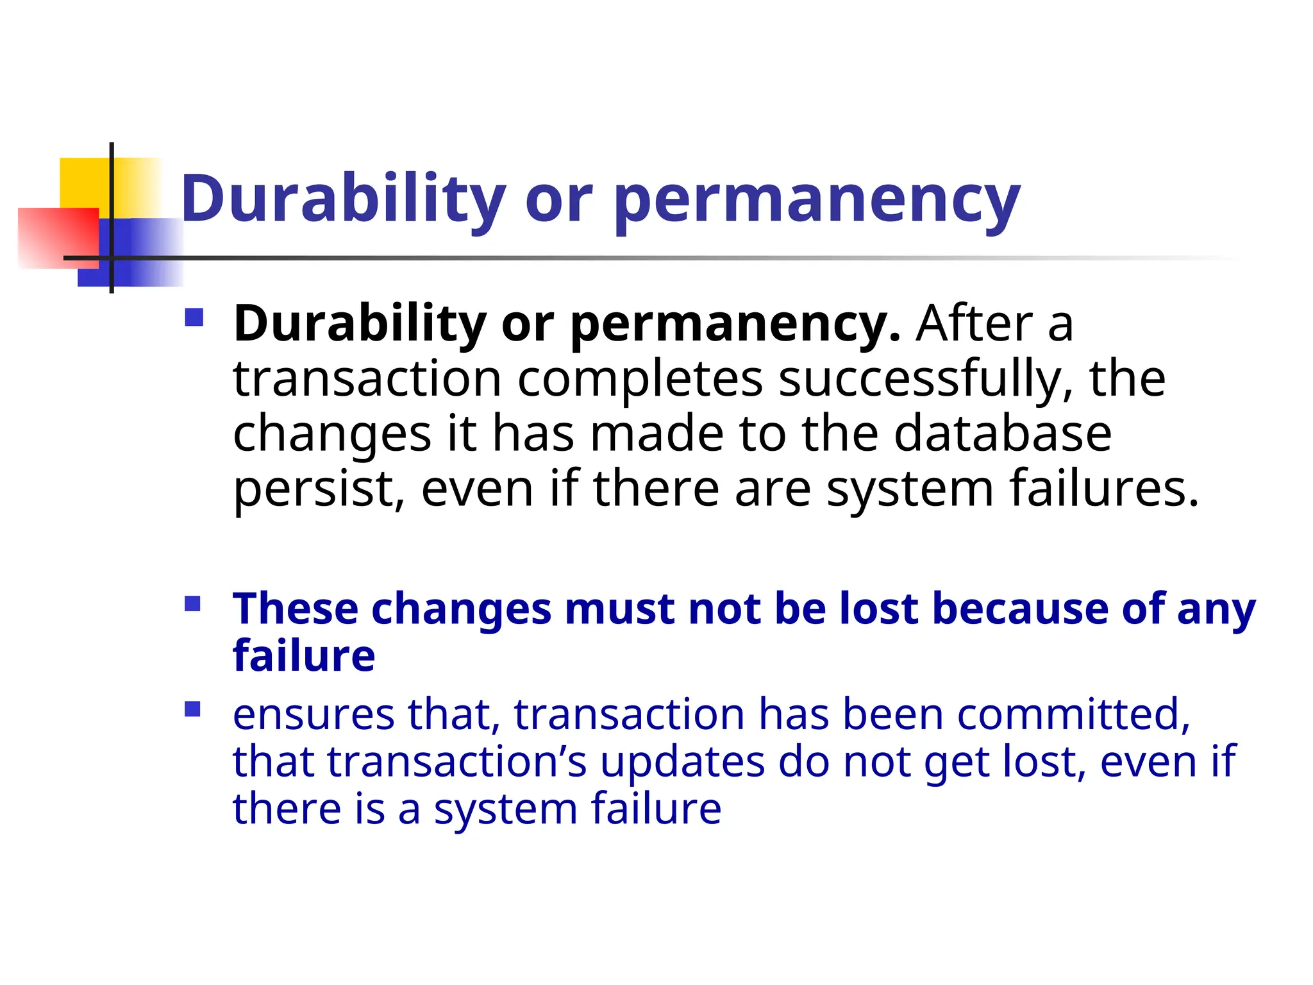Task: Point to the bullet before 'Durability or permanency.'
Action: (194, 318)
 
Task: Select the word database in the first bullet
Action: (1002, 434)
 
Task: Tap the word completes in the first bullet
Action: (640, 380)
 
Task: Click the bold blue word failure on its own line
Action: (304, 656)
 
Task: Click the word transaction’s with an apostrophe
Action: (456, 762)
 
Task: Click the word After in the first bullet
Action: (974, 324)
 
